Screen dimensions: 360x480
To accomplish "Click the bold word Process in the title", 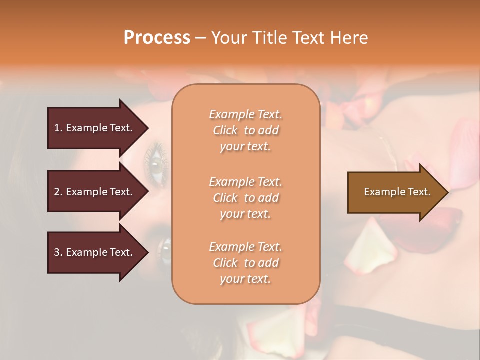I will [x=157, y=38].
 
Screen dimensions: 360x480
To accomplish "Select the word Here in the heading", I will [x=350, y=38].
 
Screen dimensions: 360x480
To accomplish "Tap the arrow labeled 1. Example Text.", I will [x=93, y=128].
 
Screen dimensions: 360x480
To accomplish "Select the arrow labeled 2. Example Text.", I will [x=93, y=192].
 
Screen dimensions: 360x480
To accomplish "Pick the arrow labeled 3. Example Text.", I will [x=93, y=252].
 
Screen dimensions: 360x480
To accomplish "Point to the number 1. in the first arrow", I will [x=58, y=128].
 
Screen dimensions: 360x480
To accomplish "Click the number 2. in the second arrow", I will [x=58, y=192].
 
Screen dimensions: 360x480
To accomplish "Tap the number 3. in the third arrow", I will [x=58, y=252].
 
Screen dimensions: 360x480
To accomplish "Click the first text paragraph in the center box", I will [x=245, y=130].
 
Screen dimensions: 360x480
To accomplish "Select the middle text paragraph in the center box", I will [x=245, y=198].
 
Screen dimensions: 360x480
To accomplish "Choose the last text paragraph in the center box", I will [x=245, y=263].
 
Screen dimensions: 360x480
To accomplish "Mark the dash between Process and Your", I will [x=200, y=38].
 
